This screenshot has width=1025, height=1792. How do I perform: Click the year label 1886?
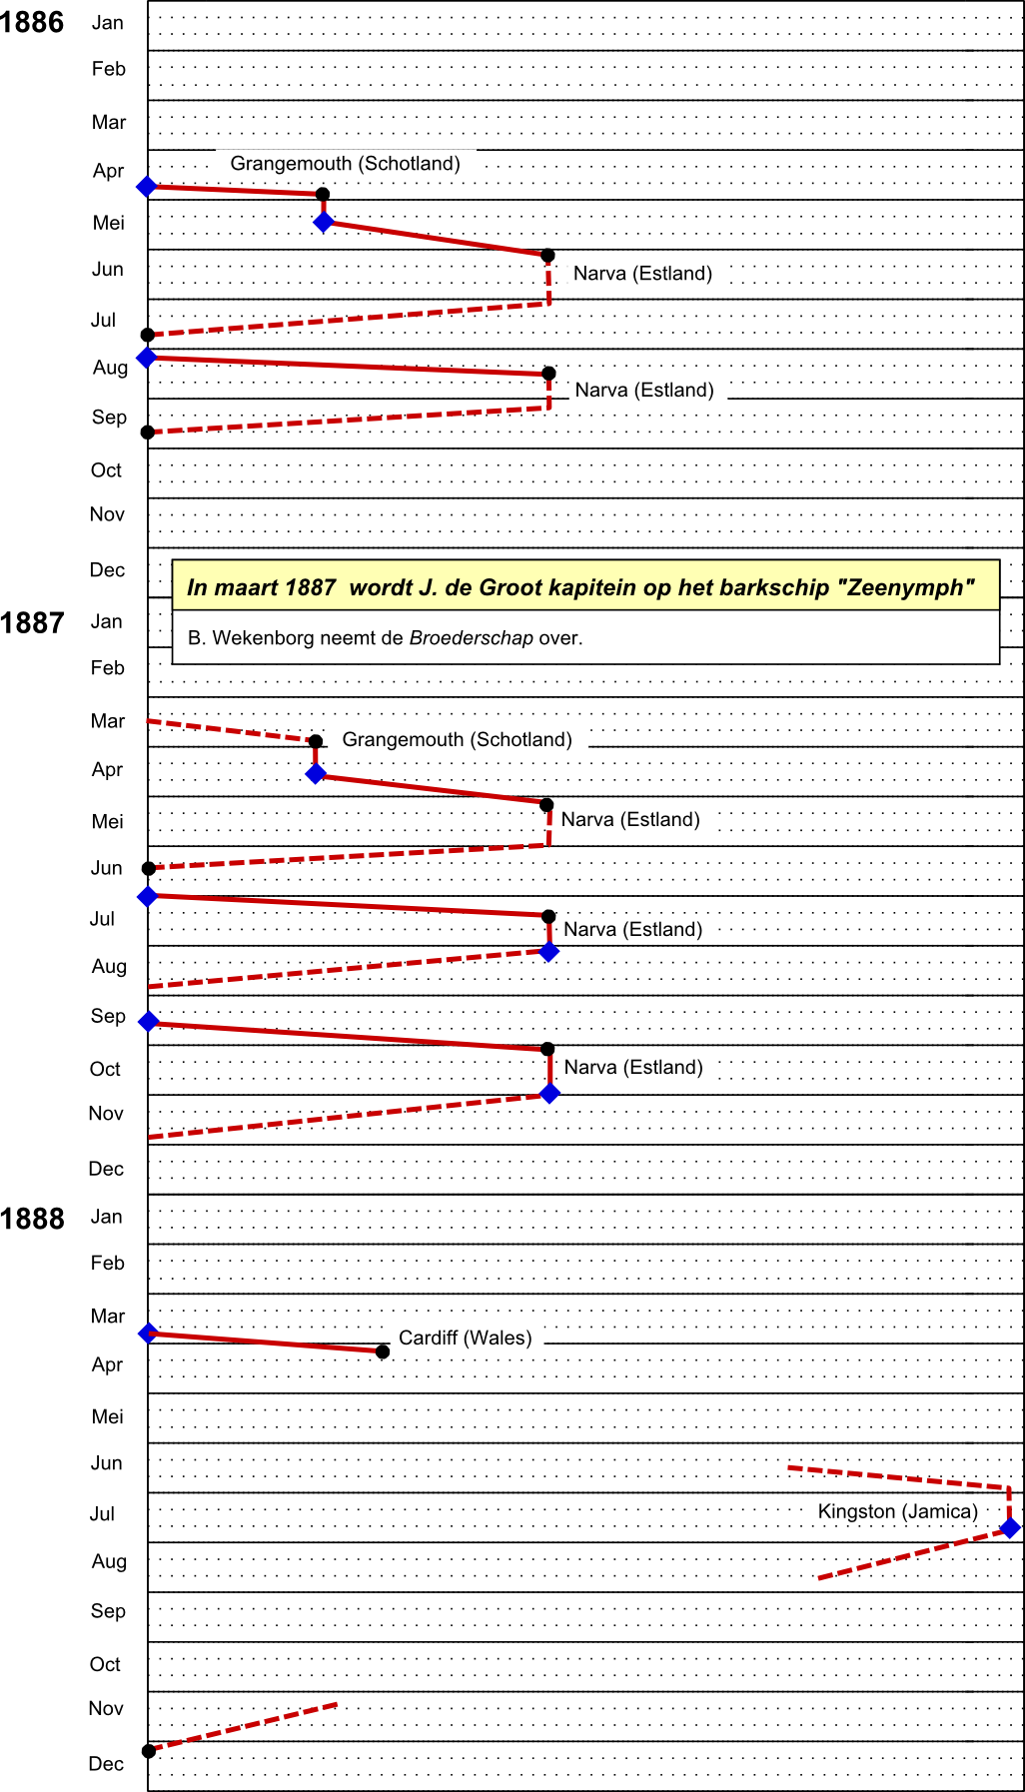point(32,22)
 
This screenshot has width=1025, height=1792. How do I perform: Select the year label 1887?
point(32,623)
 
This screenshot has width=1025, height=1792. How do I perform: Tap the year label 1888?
point(32,1219)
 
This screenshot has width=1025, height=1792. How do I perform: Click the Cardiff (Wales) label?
point(466,1339)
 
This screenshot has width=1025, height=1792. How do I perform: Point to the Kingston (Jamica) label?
point(898,1511)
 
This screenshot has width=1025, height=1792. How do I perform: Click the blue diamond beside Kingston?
point(1010,1527)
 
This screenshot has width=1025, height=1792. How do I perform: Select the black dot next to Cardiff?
point(383,1351)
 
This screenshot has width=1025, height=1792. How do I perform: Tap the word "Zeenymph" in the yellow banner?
point(910,587)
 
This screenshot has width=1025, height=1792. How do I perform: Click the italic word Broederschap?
point(472,638)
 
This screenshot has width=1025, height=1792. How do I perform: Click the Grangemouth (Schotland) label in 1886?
point(346,164)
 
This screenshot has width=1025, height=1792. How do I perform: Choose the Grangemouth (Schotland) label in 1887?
point(458,740)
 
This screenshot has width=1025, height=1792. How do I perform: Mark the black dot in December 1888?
point(149,1750)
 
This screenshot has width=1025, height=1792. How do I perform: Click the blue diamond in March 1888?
point(149,1333)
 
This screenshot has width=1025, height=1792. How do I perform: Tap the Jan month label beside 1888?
point(107,1217)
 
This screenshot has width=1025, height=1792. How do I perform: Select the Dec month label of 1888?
point(107,1764)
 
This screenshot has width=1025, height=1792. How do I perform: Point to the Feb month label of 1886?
point(109,69)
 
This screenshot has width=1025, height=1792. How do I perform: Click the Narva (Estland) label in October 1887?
point(633,1068)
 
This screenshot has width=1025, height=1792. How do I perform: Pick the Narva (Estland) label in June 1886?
point(642,274)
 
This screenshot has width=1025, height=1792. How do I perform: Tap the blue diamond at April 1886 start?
point(147,187)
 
